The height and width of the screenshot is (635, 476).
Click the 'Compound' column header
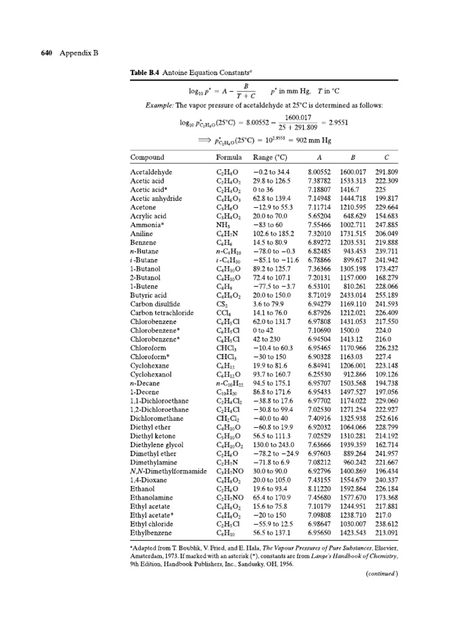[147, 158]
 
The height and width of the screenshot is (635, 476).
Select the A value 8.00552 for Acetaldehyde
[321, 171]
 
